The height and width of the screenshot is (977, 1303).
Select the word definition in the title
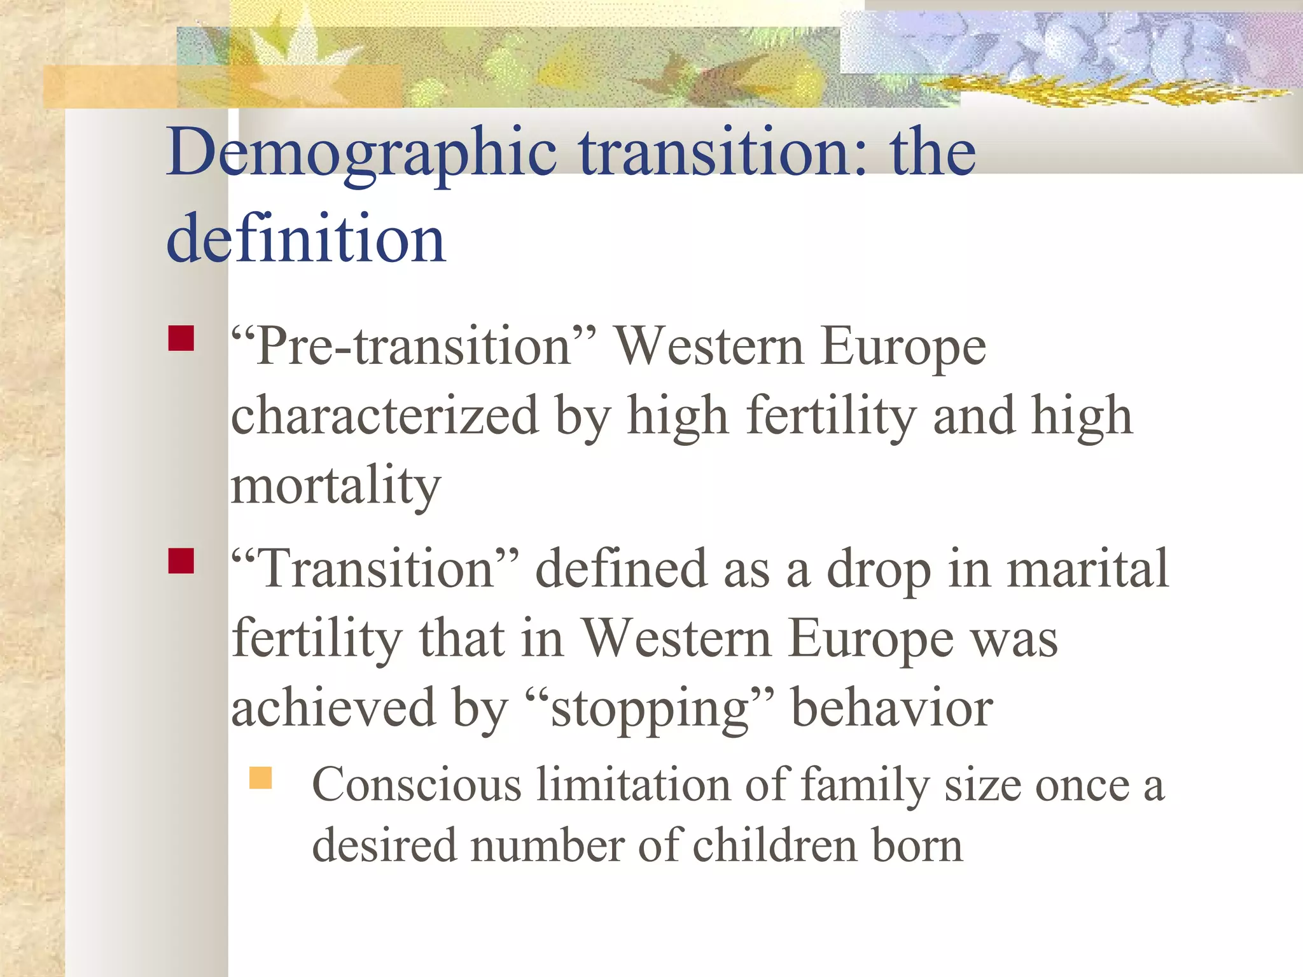pos(305,239)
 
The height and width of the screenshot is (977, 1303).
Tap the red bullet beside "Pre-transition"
pos(181,338)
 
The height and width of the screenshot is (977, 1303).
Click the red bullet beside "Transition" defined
pos(181,560)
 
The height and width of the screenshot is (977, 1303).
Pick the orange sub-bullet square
pos(260,777)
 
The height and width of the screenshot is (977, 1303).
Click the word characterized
pos(384,416)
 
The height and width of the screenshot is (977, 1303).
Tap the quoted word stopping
pos(650,709)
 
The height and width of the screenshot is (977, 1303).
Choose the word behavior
pos(891,708)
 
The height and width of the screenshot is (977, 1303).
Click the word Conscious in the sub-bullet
pos(417,785)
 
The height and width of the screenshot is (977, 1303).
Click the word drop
pos(879,570)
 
